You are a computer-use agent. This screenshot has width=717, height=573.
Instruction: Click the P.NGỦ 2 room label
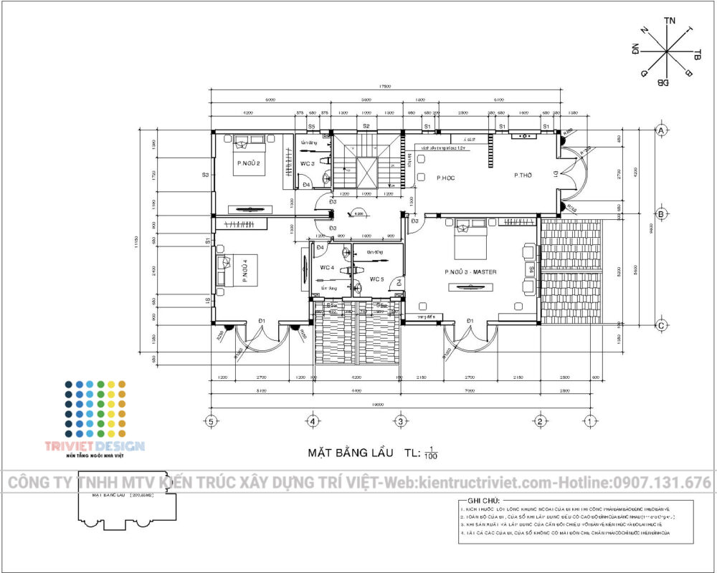pyautogui.click(x=247, y=163)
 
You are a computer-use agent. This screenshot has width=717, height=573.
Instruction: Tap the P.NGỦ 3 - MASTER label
pyautogui.click(x=470, y=272)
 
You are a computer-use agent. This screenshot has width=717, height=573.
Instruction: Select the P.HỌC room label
pyautogui.click(x=446, y=177)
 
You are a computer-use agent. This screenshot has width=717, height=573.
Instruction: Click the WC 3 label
pyautogui.click(x=308, y=163)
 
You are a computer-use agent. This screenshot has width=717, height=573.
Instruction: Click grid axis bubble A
pyautogui.click(x=663, y=130)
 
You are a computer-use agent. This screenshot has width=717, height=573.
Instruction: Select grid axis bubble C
pyautogui.click(x=663, y=324)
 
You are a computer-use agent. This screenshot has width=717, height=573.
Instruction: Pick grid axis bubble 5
pyautogui.click(x=211, y=420)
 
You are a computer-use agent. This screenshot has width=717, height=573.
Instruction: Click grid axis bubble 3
pyautogui.click(x=401, y=420)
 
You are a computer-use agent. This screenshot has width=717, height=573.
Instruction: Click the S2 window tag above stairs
pyautogui.click(x=366, y=126)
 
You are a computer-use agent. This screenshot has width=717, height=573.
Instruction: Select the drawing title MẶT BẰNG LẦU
pyautogui.click(x=351, y=453)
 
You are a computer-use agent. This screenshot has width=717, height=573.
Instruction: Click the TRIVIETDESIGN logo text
pyautogui.click(x=104, y=446)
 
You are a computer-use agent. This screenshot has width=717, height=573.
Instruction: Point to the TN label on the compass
pyautogui.click(x=670, y=22)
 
